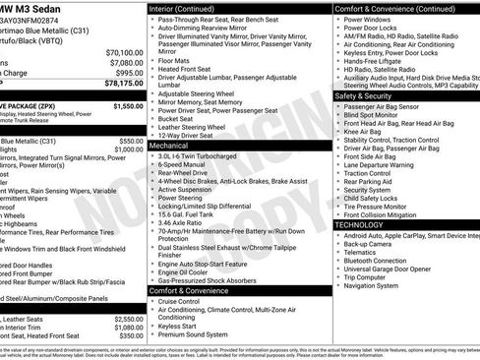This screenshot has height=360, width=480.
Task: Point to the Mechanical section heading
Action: (x=174, y=145)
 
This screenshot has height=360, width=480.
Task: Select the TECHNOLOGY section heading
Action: (x=360, y=225)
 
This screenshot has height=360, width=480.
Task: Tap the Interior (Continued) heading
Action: (x=190, y=8)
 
